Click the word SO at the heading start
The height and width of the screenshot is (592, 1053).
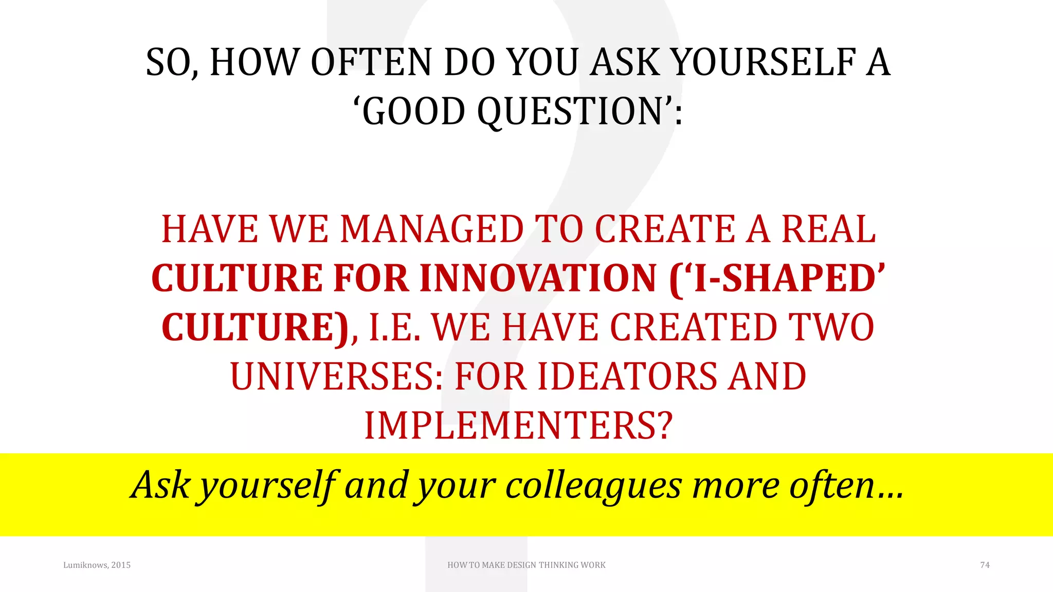pyautogui.click(x=169, y=63)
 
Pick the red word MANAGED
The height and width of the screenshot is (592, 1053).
pyautogui.click(x=432, y=229)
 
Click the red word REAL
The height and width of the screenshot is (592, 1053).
pyautogui.click(x=828, y=229)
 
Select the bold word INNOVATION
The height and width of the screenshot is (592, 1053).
pyautogui.click(x=538, y=279)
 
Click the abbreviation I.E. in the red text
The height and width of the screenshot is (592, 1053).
pyautogui.click(x=395, y=328)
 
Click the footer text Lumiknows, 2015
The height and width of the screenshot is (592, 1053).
pyautogui.click(x=97, y=565)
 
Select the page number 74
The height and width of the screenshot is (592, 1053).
pyautogui.click(x=985, y=565)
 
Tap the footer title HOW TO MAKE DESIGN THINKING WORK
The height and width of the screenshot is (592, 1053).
pyautogui.click(x=526, y=565)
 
